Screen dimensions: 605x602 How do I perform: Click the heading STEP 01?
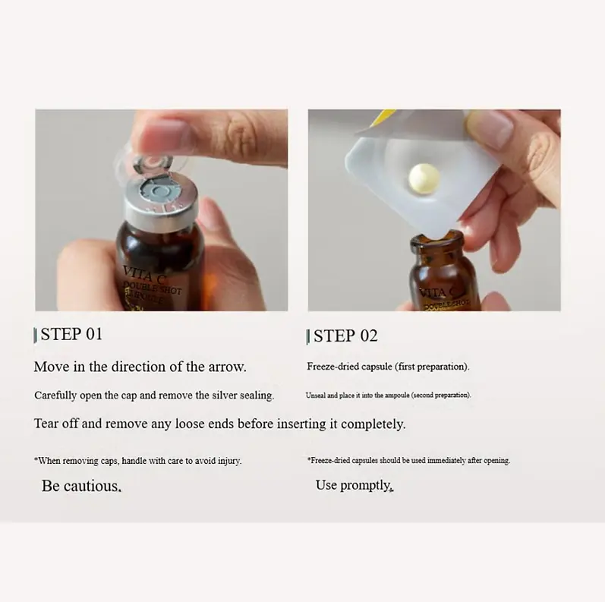click(x=72, y=334)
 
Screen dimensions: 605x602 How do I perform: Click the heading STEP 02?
click(x=345, y=336)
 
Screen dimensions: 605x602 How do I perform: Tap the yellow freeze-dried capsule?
click(x=424, y=178)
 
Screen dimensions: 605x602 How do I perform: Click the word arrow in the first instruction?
click(x=227, y=367)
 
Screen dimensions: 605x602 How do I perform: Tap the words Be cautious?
click(x=81, y=486)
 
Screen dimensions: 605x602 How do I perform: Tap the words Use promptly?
click(x=354, y=485)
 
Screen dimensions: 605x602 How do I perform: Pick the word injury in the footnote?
click(x=229, y=461)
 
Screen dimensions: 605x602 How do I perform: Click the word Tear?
click(x=47, y=424)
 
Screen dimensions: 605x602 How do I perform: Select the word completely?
click(x=373, y=424)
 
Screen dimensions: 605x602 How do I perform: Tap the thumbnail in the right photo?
click(x=490, y=128)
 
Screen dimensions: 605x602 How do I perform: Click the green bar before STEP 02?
click(x=307, y=337)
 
